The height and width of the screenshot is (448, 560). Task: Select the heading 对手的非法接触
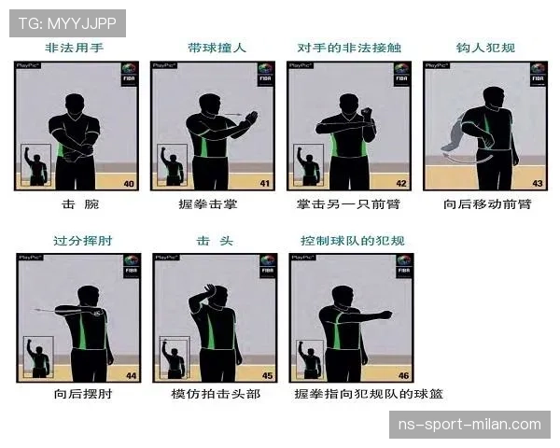click(350, 48)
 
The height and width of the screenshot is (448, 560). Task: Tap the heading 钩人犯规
click(485, 48)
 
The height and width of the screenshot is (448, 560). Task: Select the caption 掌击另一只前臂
click(349, 203)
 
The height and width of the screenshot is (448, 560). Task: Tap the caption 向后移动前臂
click(486, 203)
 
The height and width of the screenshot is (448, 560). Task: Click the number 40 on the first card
click(129, 183)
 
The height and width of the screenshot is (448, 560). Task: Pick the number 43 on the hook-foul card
click(537, 183)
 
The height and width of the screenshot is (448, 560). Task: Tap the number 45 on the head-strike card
click(267, 375)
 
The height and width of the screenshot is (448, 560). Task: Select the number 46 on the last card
click(403, 375)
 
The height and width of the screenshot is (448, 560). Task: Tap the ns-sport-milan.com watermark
click(469, 425)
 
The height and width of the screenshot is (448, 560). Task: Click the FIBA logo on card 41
click(265, 75)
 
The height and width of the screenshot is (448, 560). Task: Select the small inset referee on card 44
click(38, 357)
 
